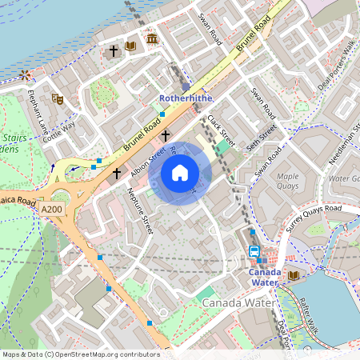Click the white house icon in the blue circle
tap(180, 172)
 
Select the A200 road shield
tap(50, 207)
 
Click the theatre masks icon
tap(58, 98)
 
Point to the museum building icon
tap(151, 39)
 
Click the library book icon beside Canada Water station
tap(294, 275)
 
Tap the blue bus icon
tap(254, 251)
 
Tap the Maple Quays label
tap(286, 181)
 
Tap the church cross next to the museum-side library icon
tap(114, 50)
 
